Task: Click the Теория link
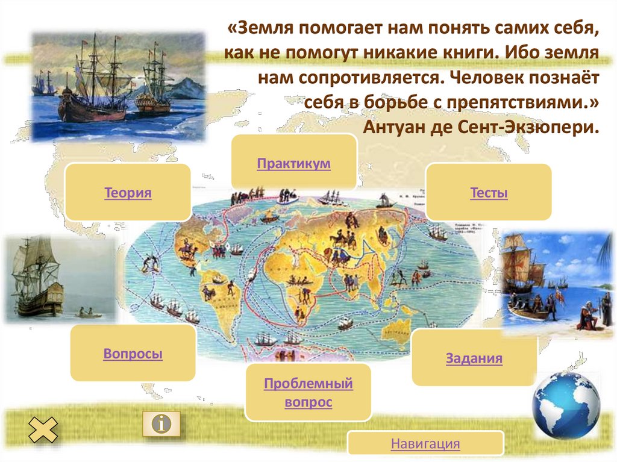coord(127,193)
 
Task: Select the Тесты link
coord(489,193)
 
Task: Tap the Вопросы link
coord(133,354)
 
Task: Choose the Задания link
coord(474,359)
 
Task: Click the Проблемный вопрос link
coord(308,392)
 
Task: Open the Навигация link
coord(425,445)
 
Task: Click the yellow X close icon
coord(43,430)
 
